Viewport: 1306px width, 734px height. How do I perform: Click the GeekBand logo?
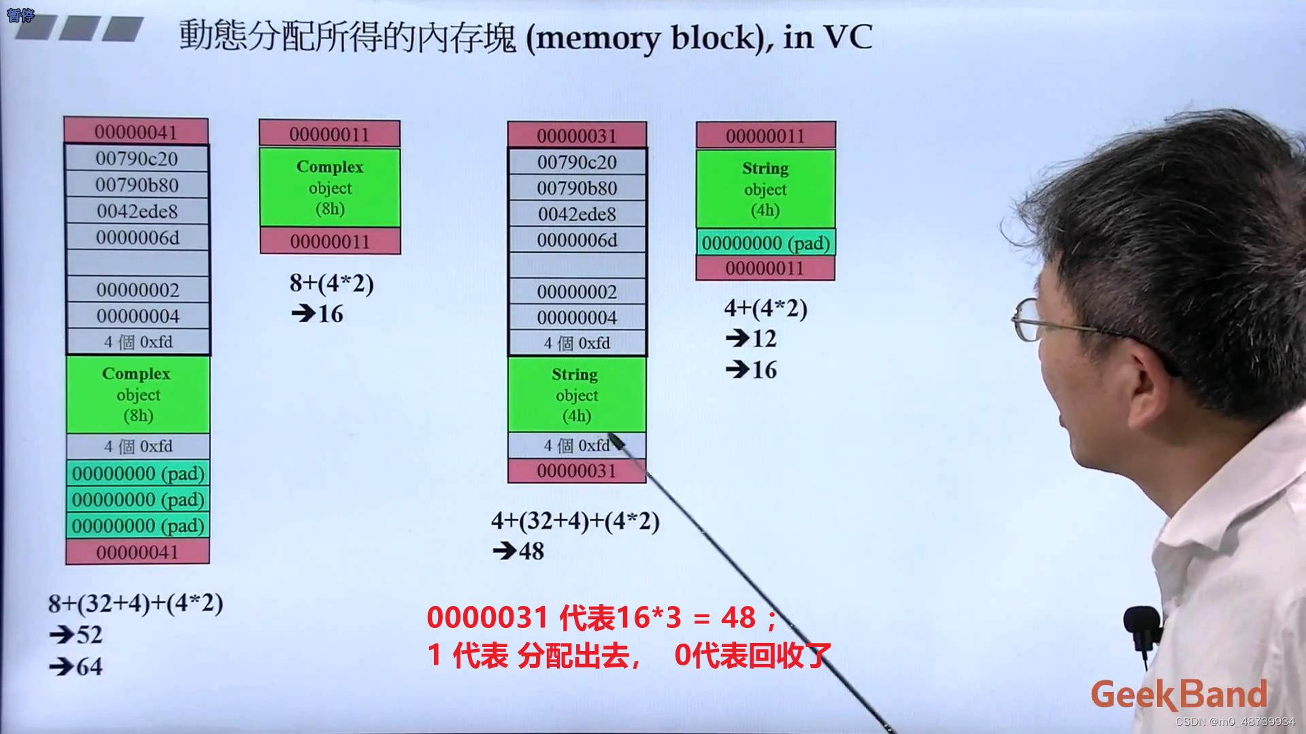(1179, 695)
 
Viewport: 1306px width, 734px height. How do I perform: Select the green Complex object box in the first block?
(137, 394)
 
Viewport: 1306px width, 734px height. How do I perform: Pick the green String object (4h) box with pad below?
(765, 189)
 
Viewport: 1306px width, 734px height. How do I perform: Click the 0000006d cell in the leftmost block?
(137, 238)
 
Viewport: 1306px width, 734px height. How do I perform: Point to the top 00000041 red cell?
(136, 132)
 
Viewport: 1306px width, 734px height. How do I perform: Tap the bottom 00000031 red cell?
(576, 471)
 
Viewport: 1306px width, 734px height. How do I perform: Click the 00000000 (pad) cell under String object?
(765, 243)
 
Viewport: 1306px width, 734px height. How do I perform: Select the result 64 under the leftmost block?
(89, 667)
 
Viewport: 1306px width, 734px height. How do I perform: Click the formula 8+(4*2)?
(332, 283)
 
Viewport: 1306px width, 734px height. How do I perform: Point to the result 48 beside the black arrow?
(531, 551)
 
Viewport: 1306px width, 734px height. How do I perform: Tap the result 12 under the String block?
(764, 338)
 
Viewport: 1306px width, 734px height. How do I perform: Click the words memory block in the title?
(646, 38)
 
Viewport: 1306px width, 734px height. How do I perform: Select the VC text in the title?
(848, 37)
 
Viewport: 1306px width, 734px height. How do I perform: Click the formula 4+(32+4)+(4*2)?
(575, 521)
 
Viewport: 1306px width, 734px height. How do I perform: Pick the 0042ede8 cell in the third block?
(577, 214)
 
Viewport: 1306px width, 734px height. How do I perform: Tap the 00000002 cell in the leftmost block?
(137, 290)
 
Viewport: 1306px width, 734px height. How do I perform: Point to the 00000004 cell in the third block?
(577, 318)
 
